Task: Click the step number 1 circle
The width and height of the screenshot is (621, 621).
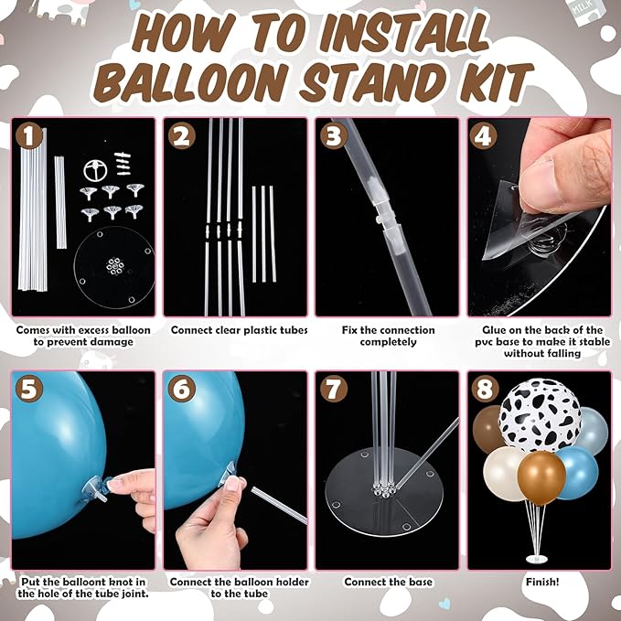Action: click(29, 136)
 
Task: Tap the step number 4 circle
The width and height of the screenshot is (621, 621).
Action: click(484, 137)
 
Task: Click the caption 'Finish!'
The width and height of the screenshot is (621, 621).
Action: click(538, 582)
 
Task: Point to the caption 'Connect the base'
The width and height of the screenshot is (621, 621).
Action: click(388, 582)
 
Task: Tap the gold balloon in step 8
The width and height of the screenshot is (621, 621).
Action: click(541, 477)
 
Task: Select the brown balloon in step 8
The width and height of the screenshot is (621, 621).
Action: click(491, 427)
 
